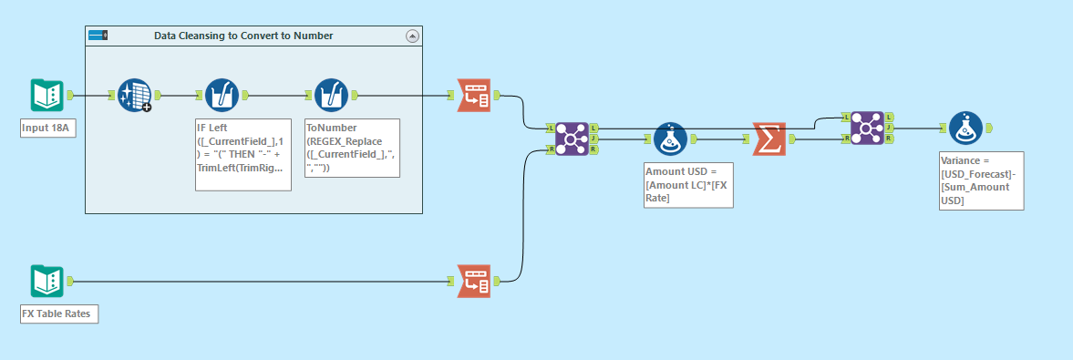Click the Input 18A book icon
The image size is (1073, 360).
click(x=46, y=95)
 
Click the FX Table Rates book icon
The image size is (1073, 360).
click(x=46, y=282)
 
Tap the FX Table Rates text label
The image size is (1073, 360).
click(x=59, y=314)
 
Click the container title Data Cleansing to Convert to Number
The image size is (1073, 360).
click(x=243, y=36)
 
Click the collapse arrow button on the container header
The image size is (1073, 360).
click(x=411, y=36)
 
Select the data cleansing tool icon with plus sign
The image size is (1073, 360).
click(x=134, y=95)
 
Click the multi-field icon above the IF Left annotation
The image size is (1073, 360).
click(x=222, y=95)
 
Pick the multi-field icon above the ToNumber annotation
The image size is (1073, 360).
click(x=331, y=95)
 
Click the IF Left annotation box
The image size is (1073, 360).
click(x=243, y=154)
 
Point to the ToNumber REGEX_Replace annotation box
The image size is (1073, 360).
click(x=352, y=148)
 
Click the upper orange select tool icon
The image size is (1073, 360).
click(x=472, y=95)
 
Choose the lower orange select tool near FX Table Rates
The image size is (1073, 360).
click(x=472, y=282)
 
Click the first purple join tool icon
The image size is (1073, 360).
click(x=572, y=139)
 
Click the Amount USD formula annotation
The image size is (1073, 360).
click(x=687, y=185)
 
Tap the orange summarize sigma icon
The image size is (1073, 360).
click(x=769, y=139)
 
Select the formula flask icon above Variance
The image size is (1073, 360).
click(x=965, y=129)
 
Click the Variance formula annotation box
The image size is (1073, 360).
click(x=981, y=180)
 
